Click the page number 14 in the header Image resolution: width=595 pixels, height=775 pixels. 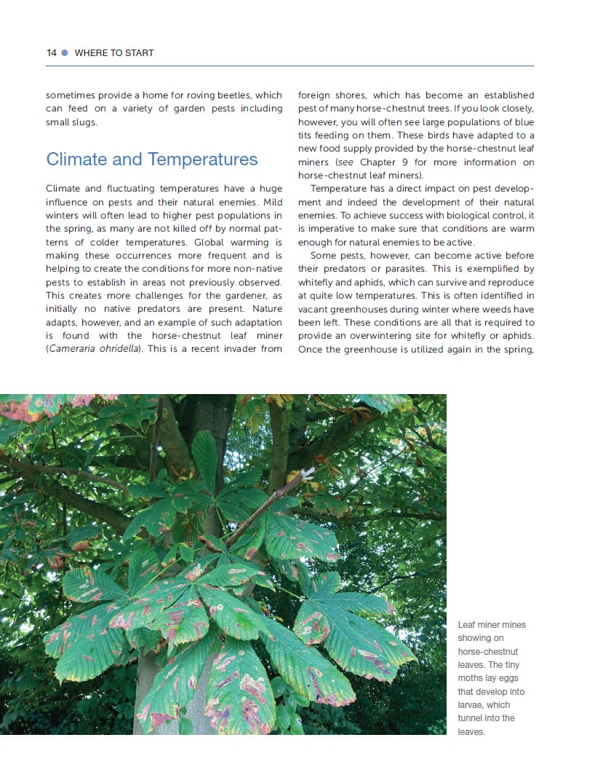(51, 53)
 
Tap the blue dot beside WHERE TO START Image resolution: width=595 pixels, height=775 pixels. (65, 53)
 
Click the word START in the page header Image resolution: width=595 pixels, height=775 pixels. (139, 53)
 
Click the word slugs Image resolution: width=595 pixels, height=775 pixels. (82, 122)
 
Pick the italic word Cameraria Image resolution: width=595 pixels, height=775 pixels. (72, 349)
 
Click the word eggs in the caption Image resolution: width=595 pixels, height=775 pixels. (510, 678)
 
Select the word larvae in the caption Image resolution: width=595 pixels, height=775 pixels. (471, 705)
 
